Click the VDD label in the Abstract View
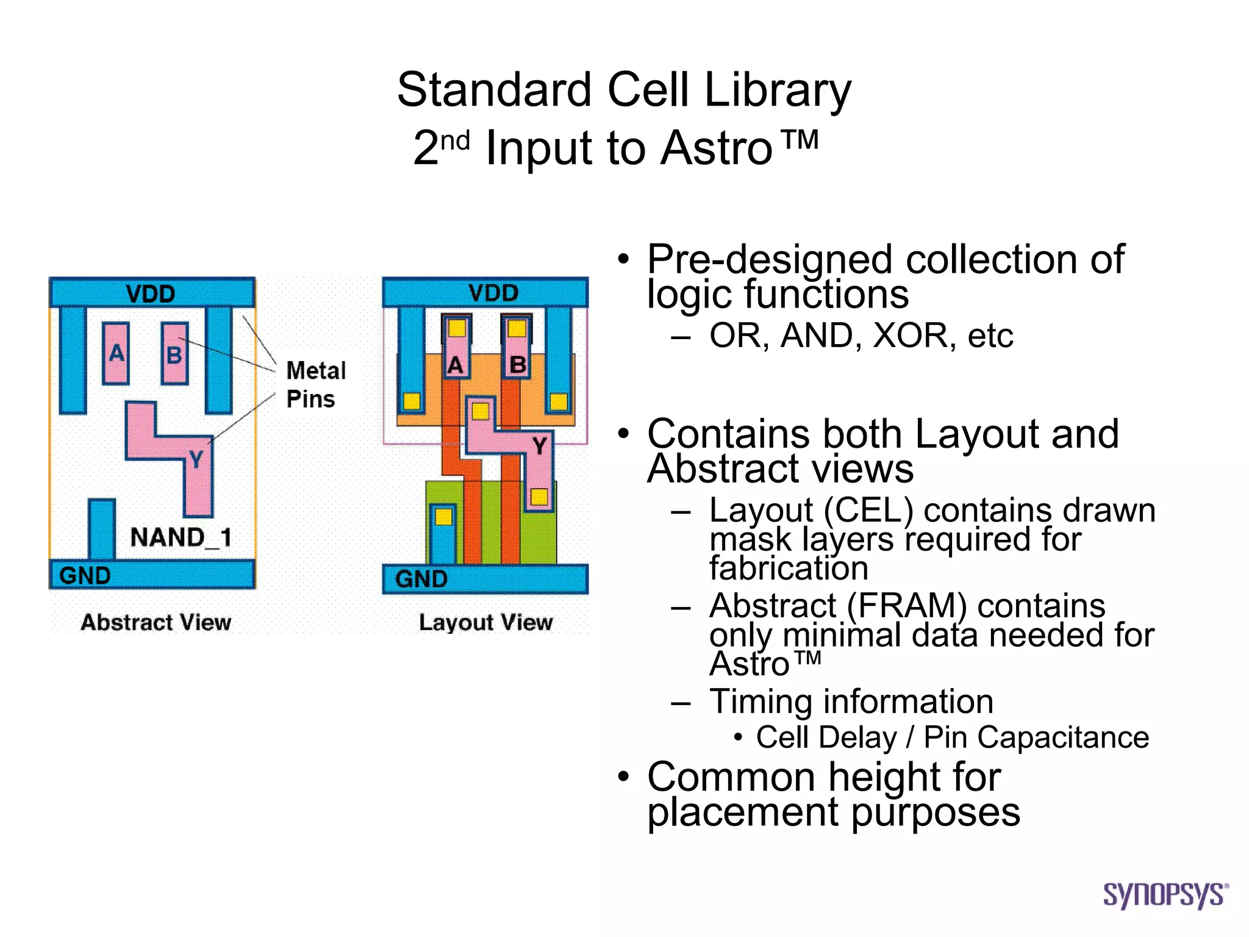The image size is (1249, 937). [x=151, y=294]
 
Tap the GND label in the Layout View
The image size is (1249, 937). [x=421, y=579]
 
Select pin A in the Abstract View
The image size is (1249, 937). [x=116, y=354]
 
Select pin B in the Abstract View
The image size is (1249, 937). [x=174, y=354]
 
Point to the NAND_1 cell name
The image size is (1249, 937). [x=181, y=537]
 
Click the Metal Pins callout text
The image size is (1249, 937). [x=315, y=384]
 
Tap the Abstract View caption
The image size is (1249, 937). [x=156, y=622]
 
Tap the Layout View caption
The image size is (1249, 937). [x=485, y=622]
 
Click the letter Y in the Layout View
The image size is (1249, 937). [x=539, y=446]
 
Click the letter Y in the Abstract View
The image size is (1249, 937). [x=196, y=459]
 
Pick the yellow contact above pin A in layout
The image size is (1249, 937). [x=457, y=329]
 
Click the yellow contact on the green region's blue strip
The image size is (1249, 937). [x=443, y=517]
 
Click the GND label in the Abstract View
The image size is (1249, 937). [x=85, y=575]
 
